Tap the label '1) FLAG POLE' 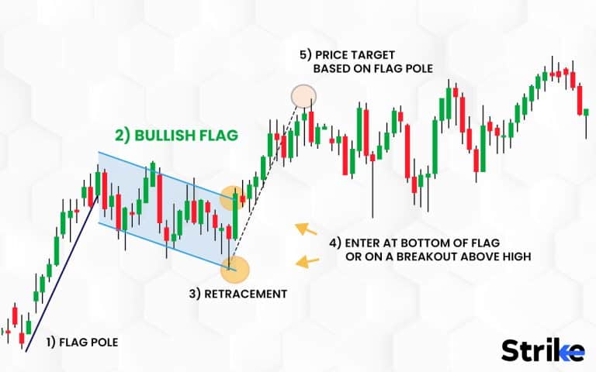click(x=82, y=340)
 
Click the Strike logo click(x=542, y=350)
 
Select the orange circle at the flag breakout click(x=231, y=198)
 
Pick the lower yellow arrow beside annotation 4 click(x=308, y=261)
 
